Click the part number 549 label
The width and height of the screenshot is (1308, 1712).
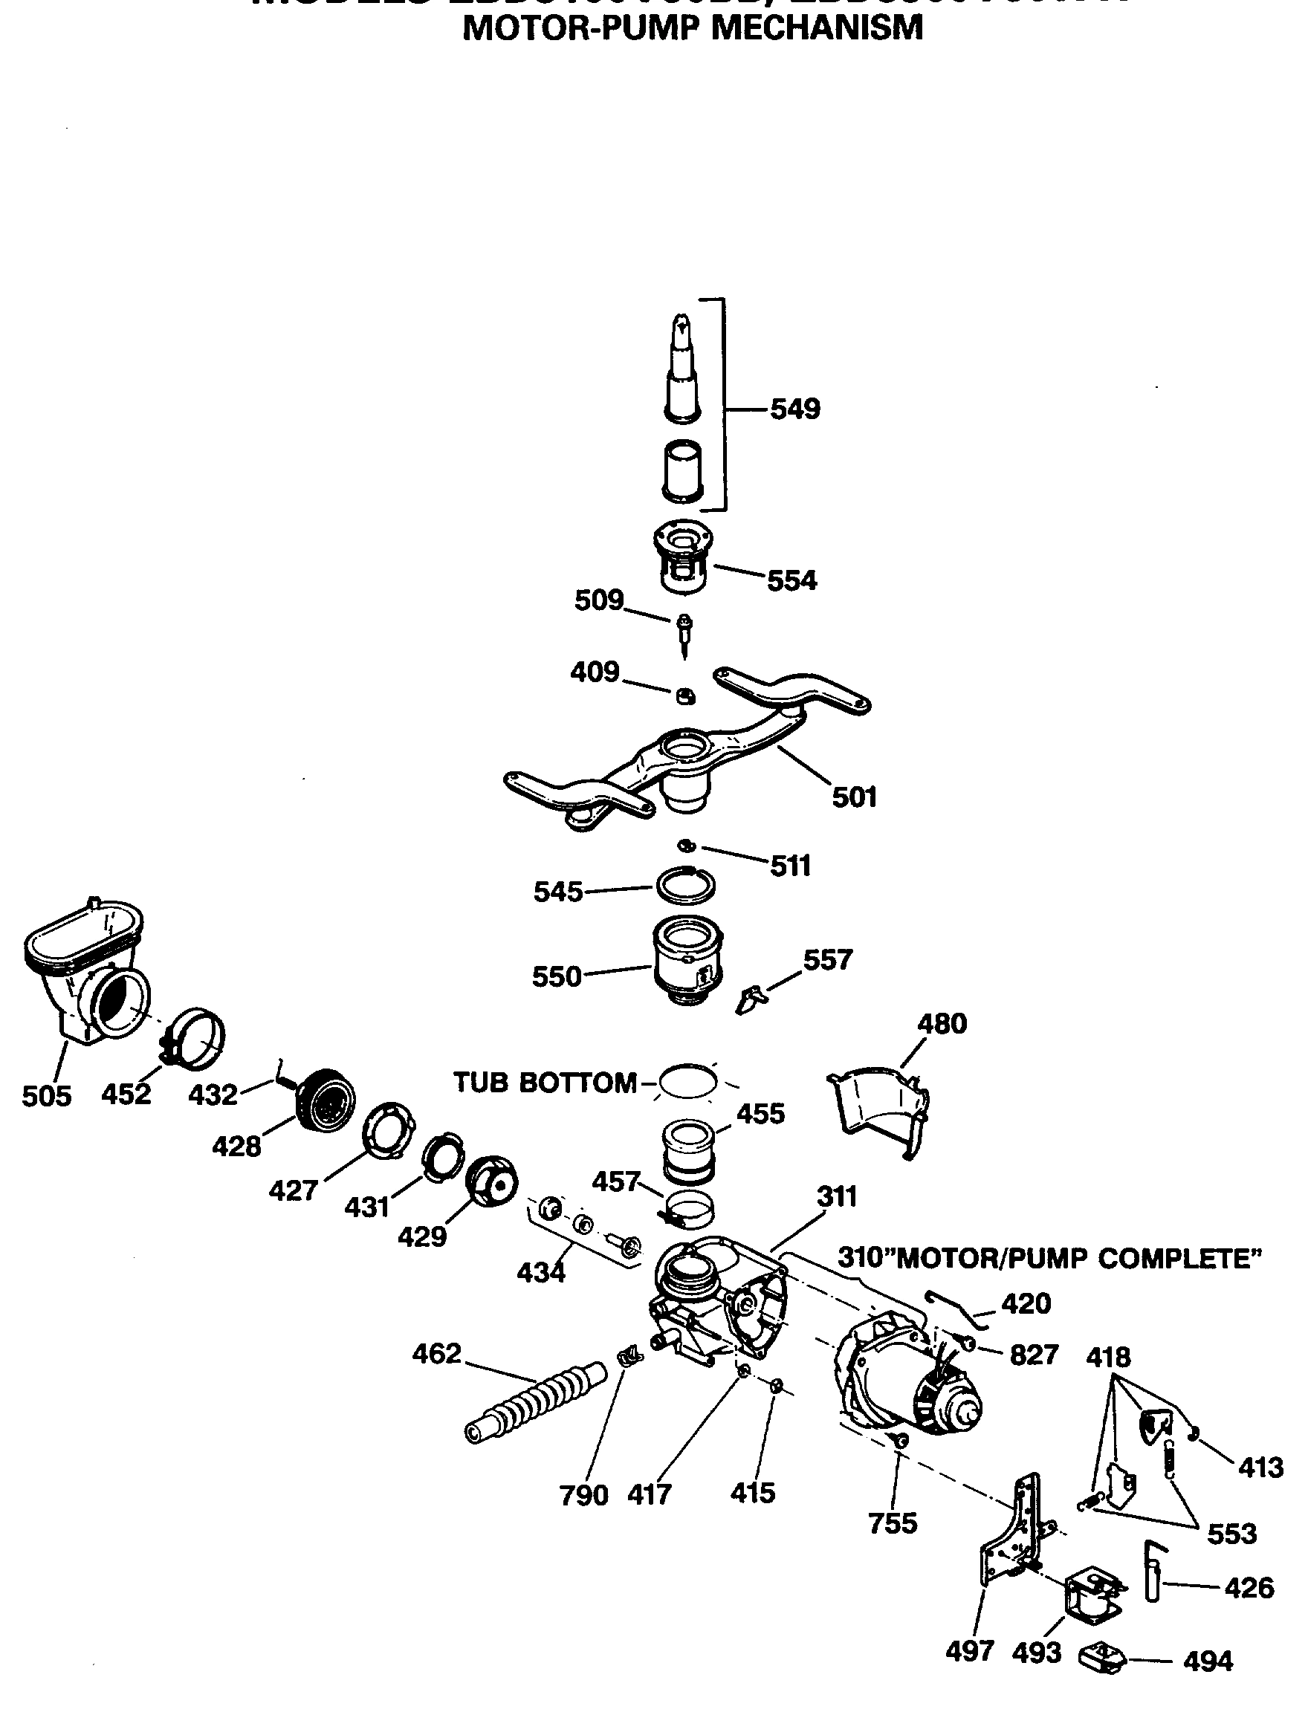(x=795, y=409)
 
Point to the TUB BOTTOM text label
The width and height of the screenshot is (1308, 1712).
(x=545, y=1082)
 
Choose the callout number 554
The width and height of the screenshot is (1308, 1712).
(x=791, y=581)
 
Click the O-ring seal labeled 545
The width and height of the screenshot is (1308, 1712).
(x=684, y=884)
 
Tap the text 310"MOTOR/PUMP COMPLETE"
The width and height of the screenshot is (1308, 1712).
(x=1049, y=1257)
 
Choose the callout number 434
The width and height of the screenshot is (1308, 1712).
(x=540, y=1273)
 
